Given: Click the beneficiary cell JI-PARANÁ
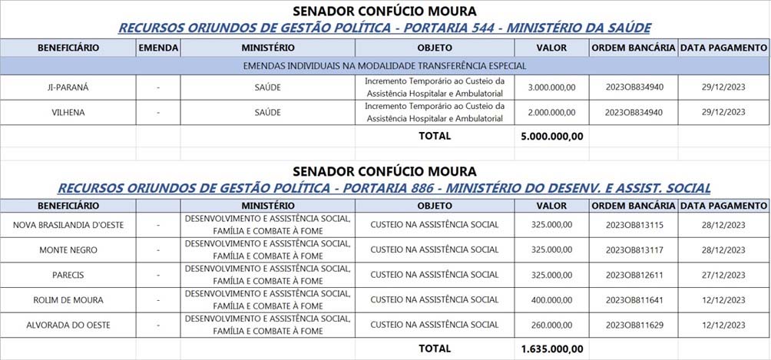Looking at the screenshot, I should pos(68,88).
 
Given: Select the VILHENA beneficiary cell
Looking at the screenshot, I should pos(68,112).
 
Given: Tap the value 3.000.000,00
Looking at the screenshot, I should pos(551,88).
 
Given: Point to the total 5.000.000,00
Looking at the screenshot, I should pos(551,137).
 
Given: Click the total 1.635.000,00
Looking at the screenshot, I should pos(551,348).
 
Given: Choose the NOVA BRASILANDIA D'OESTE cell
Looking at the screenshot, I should pos(68,225).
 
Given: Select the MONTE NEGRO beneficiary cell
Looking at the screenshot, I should pos(68,250).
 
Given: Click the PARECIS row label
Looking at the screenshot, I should pos(68,275).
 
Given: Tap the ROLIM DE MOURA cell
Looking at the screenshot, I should pos(68,300).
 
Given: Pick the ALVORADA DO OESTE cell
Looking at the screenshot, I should pos(68,325).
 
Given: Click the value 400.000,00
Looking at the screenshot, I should pos(551,300).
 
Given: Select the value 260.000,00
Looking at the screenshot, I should pos(551,325).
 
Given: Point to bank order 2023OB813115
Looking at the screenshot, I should pos(634,225).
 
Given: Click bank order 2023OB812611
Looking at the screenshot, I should pos(634,275).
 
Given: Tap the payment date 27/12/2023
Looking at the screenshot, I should pos(723,275).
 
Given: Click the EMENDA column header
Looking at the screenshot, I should pos(158,48).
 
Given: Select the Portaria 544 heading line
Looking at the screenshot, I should pos(385,28).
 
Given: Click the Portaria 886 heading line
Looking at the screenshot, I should pos(385,188).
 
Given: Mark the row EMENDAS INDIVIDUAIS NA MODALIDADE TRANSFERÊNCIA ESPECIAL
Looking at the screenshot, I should pos(385,66).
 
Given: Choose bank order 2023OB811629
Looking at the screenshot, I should pos(634,325).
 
